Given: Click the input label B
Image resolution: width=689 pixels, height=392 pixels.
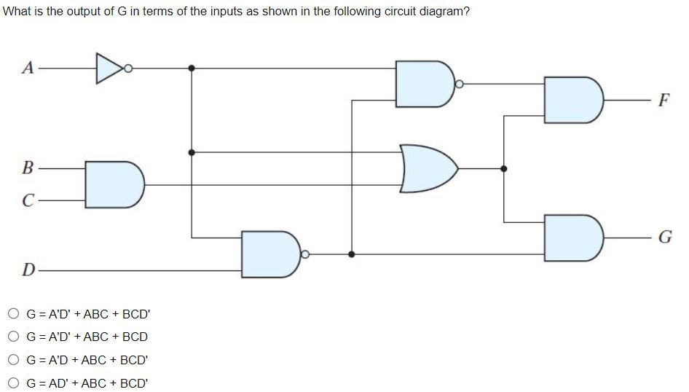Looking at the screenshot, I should (x=28, y=169).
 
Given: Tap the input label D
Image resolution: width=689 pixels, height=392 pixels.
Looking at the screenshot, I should (x=28, y=270).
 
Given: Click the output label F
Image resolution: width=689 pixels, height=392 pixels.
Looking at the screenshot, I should (x=663, y=100).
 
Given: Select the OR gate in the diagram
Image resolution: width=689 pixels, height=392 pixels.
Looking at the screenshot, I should (x=427, y=168).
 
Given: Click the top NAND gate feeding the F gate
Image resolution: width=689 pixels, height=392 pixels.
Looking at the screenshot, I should (x=424, y=84).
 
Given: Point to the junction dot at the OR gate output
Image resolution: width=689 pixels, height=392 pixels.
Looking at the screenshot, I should (x=503, y=168).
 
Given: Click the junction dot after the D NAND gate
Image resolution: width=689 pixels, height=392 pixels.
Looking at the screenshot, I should (x=352, y=254).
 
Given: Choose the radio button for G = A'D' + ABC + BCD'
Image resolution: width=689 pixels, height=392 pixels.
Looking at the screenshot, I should (x=15, y=314).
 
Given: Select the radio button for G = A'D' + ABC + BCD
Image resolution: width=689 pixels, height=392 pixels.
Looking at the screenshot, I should (x=15, y=337).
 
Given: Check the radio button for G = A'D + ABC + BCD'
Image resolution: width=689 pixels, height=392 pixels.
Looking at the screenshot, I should (x=15, y=359).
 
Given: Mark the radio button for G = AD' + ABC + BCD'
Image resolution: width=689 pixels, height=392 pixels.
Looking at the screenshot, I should (x=15, y=382).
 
